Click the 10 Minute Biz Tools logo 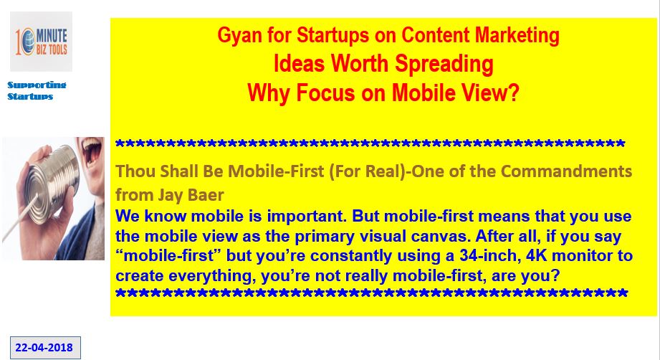click(41, 42)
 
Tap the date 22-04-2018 click(44, 348)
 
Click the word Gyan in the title click(234, 35)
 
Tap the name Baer click(208, 195)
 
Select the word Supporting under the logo click(37, 85)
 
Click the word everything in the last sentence click(212, 276)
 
